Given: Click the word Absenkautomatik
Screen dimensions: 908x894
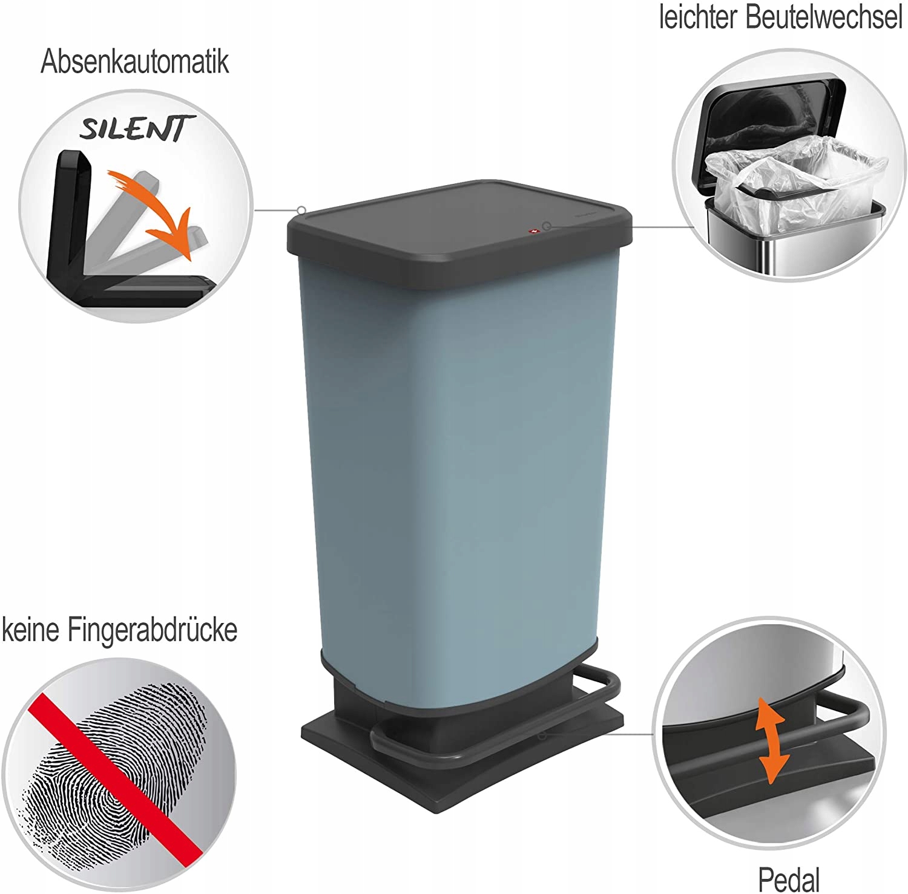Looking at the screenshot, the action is point(134,62).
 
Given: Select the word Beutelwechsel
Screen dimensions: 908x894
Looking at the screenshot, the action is point(823,17).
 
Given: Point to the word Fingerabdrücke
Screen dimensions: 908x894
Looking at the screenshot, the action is point(152,631).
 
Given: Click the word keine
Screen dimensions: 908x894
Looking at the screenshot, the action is point(31,630).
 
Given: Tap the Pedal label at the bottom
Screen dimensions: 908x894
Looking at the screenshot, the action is point(789,879).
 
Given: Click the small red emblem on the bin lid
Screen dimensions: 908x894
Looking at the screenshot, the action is point(533,231).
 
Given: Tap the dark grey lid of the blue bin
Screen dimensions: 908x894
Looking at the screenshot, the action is point(459,224).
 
